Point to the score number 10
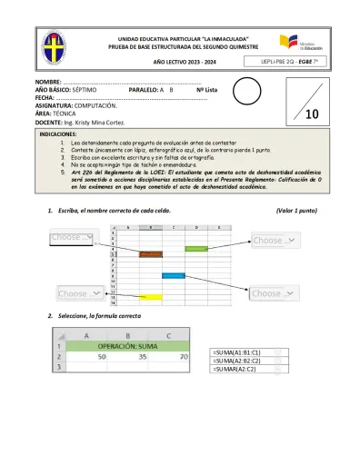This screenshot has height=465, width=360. [x=311, y=115]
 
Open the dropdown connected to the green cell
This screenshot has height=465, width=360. [x=274, y=241]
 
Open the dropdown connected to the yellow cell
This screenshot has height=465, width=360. [x=79, y=293]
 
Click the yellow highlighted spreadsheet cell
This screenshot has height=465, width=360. [x=150, y=297]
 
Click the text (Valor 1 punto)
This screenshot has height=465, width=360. [x=295, y=210]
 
